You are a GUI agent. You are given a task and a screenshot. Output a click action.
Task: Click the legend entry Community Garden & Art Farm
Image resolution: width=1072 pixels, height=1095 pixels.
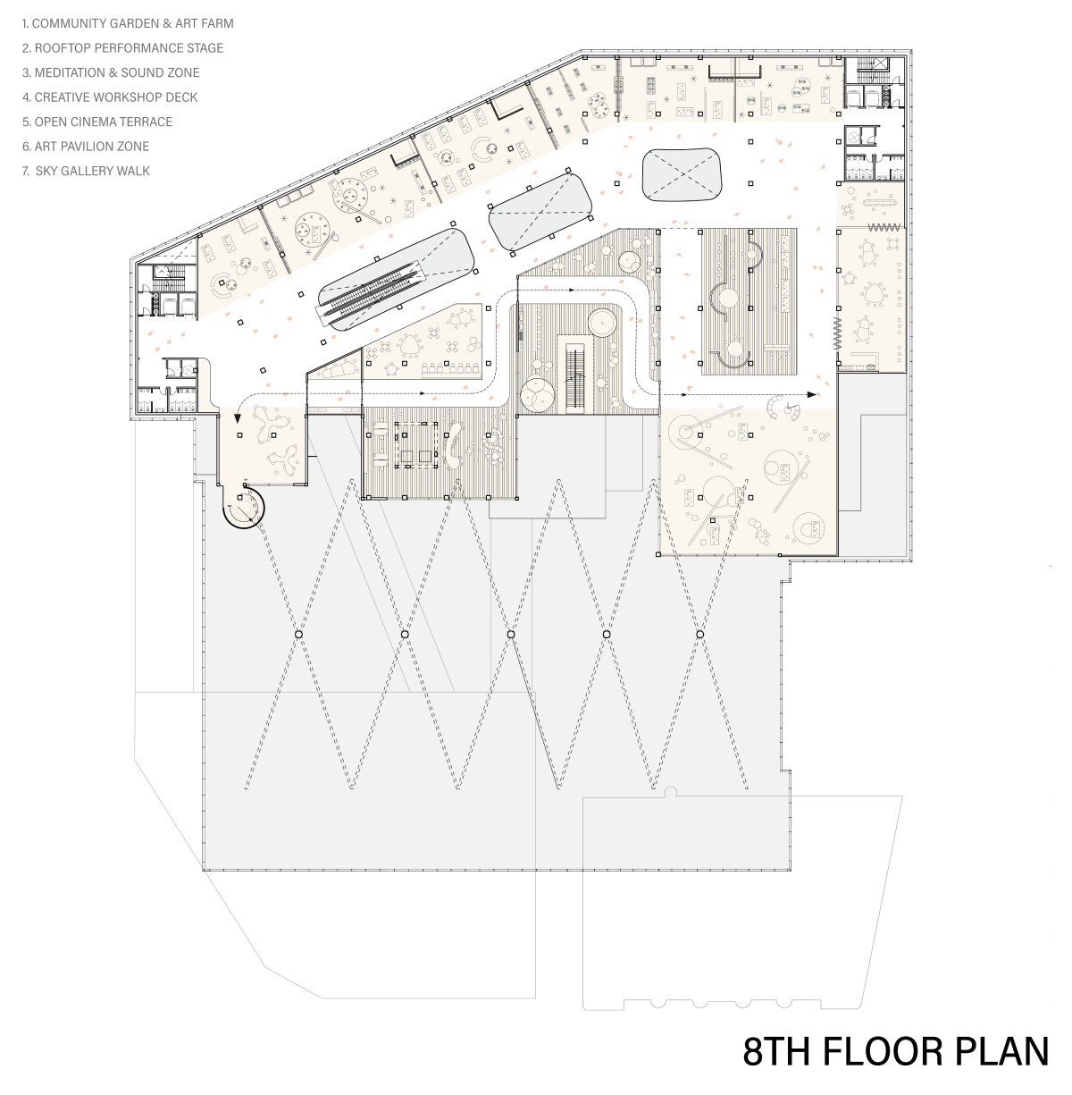128,24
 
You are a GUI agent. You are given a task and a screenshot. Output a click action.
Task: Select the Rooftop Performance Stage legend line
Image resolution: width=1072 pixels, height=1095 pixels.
122,48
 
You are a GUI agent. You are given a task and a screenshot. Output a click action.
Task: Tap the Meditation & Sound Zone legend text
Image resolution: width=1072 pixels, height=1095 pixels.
111,72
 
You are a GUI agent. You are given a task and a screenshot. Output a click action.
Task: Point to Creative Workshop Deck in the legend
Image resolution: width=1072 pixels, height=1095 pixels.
110,97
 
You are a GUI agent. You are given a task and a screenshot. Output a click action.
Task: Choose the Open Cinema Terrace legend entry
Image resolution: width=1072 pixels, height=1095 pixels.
97,122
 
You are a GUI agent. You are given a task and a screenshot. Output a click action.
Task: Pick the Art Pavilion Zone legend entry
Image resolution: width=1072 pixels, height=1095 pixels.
86,146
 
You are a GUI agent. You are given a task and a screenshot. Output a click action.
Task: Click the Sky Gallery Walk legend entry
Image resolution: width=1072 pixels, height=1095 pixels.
86,171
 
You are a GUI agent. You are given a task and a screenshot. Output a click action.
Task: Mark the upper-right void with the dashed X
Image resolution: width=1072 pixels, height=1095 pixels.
682,175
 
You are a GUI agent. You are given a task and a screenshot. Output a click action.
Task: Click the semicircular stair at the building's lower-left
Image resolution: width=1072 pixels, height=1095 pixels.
243,507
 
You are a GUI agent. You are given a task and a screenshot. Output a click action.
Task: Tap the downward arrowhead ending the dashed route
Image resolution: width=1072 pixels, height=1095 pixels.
238,418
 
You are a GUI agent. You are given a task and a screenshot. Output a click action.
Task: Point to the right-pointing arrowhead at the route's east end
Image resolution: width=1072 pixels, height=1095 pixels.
812,395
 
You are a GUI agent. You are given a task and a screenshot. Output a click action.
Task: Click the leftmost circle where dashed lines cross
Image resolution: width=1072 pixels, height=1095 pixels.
298,634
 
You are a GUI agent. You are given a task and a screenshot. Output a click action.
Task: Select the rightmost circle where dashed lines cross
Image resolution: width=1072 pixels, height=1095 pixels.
699,634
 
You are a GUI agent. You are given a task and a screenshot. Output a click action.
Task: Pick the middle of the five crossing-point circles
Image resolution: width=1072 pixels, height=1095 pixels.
511,634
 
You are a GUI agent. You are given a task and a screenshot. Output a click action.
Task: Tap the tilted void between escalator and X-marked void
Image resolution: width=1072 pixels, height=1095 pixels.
540,211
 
